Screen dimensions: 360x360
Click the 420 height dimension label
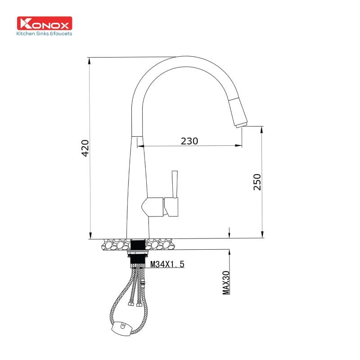click(85, 148)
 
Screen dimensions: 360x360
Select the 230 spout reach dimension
click(189, 141)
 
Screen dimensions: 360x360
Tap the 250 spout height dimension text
click(257, 182)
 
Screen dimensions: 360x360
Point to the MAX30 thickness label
click(226, 283)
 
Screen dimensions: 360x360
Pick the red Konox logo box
click(45, 24)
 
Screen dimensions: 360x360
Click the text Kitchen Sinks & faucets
click(44, 34)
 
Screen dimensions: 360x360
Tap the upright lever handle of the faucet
click(175, 184)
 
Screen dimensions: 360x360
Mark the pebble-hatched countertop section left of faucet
click(115, 245)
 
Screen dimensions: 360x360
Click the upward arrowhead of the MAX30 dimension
click(230, 252)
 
